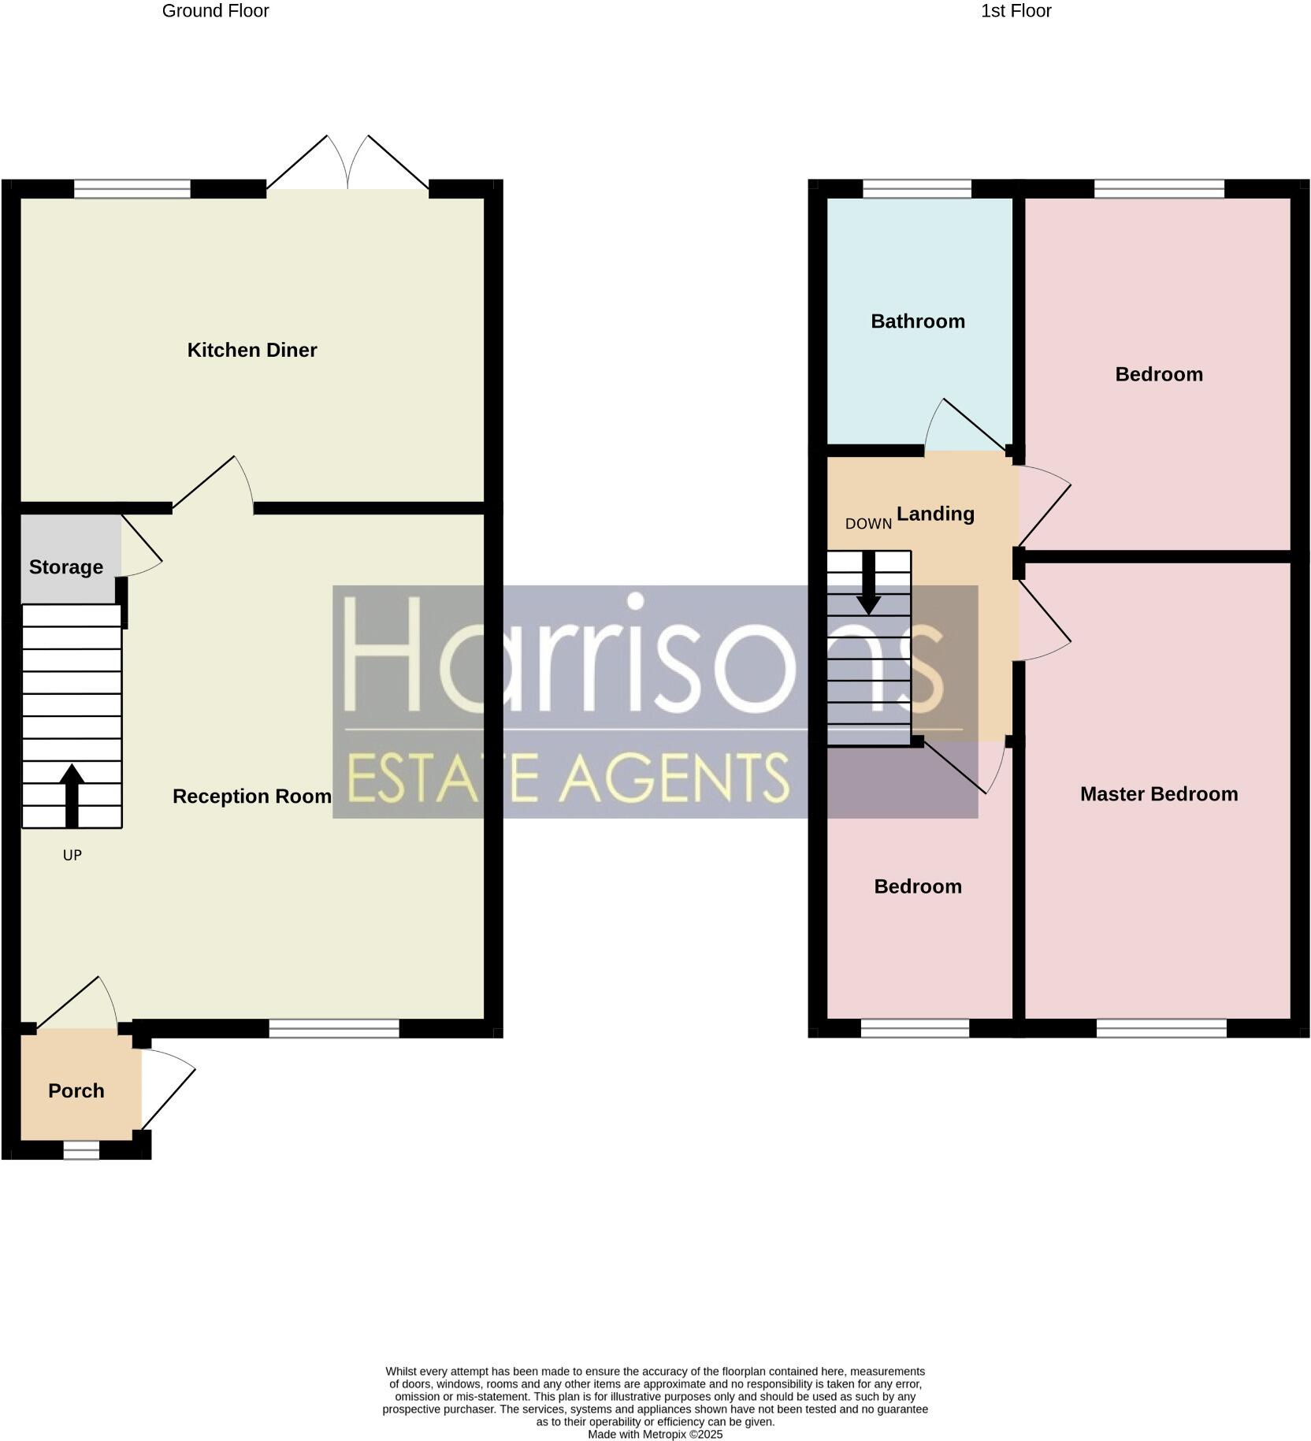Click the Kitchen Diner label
click(x=252, y=350)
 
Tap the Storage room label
click(x=66, y=567)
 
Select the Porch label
click(x=76, y=1090)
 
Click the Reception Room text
click(x=252, y=797)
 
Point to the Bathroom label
click(x=918, y=321)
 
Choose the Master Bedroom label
click(x=1159, y=794)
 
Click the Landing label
click(x=936, y=514)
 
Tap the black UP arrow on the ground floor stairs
click(x=72, y=794)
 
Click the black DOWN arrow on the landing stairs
click(x=869, y=583)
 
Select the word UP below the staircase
click(x=72, y=856)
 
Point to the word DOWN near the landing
click(x=868, y=524)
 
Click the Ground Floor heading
click(x=215, y=11)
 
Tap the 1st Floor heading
click(x=1016, y=11)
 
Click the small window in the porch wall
click(x=82, y=1151)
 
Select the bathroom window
click(x=917, y=189)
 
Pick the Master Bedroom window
click(x=1161, y=1027)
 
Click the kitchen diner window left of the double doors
click(x=132, y=189)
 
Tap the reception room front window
click(x=334, y=1027)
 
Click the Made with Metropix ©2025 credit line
click(x=655, y=1435)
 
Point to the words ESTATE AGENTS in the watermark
click(x=567, y=777)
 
